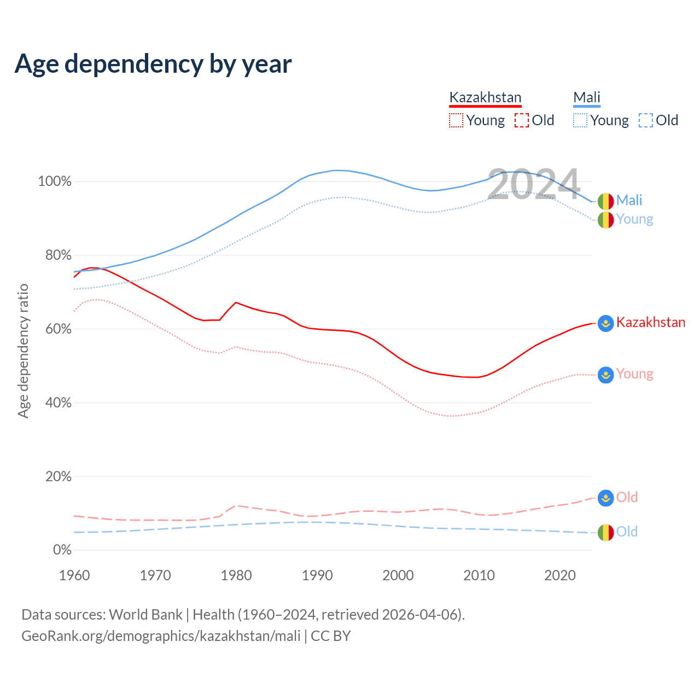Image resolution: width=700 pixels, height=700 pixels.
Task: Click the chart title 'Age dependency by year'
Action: (153, 64)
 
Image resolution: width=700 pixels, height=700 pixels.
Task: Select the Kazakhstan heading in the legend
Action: (485, 97)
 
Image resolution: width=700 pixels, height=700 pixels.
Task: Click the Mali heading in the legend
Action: (587, 97)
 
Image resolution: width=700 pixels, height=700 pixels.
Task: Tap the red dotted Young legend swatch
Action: (456, 120)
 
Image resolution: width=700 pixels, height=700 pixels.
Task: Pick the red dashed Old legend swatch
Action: (522, 120)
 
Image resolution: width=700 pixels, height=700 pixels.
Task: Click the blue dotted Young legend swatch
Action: (580, 120)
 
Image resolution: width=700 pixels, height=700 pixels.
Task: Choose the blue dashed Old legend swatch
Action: (646, 120)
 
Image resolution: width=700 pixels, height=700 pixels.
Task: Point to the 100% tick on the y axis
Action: (55, 182)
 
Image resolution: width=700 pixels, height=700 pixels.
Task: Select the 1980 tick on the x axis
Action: (236, 575)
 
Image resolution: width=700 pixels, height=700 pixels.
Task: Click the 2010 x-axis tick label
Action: (479, 575)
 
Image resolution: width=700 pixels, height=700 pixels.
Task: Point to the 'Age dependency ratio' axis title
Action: (23, 351)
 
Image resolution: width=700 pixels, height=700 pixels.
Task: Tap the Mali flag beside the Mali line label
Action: (605, 201)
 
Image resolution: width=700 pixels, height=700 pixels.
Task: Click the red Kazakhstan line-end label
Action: (651, 322)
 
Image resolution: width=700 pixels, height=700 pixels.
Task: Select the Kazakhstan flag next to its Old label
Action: (605, 498)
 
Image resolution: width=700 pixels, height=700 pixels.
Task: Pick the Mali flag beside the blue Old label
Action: (605, 532)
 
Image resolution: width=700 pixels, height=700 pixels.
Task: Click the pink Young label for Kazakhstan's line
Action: (634, 374)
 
